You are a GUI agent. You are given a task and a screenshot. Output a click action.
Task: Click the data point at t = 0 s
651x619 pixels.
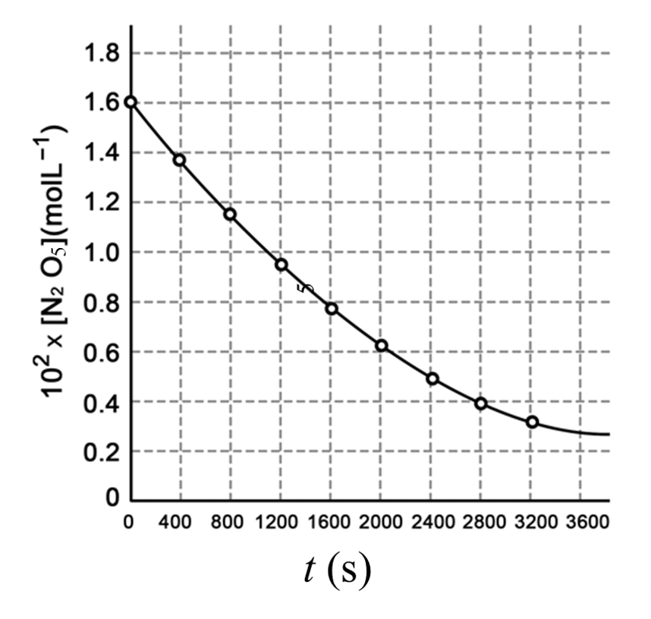(x=131, y=102)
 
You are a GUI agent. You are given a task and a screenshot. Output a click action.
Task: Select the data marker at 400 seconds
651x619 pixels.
(x=180, y=159)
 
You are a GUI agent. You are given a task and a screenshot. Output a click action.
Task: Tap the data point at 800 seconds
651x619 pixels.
(x=230, y=214)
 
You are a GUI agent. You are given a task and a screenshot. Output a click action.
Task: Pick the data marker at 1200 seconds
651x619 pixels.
(x=281, y=265)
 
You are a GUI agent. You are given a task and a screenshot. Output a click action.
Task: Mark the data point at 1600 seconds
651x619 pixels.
(x=331, y=309)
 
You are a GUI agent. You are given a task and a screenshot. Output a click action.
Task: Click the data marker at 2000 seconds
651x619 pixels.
(x=382, y=346)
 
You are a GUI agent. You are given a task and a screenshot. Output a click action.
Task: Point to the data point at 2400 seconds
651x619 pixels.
(x=432, y=379)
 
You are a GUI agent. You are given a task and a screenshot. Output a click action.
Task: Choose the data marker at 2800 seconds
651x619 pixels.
(x=481, y=404)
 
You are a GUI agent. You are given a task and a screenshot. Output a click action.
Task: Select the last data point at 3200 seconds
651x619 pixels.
(x=532, y=422)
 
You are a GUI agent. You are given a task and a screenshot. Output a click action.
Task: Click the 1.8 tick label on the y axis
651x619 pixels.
(x=102, y=54)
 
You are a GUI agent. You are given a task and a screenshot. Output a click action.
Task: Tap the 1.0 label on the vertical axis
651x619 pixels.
(x=102, y=253)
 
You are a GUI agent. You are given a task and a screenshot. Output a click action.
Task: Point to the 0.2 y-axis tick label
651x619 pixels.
(x=102, y=451)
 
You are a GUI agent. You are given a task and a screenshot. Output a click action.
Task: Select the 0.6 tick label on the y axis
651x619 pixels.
(x=102, y=352)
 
